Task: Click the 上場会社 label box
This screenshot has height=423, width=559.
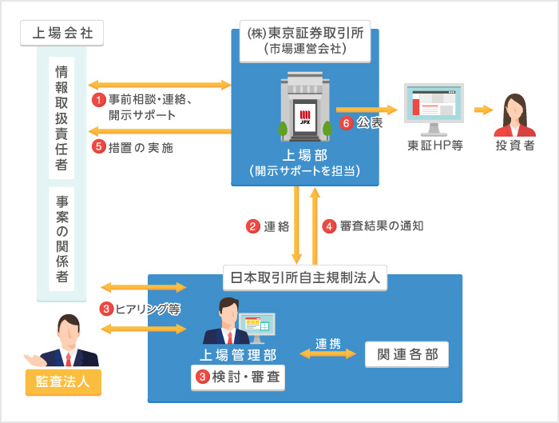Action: (x=61, y=34)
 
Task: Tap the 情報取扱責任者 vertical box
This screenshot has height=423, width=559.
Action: (x=61, y=118)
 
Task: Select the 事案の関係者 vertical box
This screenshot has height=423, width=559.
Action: (x=61, y=239)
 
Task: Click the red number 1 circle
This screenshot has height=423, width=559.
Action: (x=99, y=100)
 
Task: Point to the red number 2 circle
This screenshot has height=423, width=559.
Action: (x=252, y=225)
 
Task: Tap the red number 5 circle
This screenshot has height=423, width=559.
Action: (x=99, y=146)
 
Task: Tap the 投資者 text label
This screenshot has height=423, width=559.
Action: (x=515, y=147)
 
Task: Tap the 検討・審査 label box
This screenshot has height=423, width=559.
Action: (x=237, y=375)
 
